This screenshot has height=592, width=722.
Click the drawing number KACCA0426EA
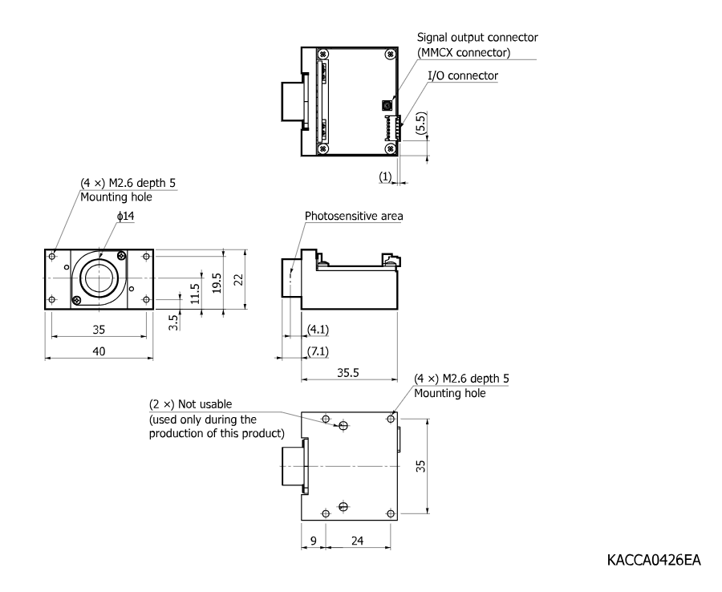[654, 560]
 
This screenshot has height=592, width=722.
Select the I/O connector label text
[463, 75]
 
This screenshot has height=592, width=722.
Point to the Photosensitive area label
[354, 216]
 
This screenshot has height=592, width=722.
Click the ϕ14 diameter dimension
[125, 216]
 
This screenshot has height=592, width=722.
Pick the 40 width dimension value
[99, 351]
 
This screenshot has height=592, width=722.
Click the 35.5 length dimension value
[347, 372]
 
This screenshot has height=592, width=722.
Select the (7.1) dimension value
[318, 351]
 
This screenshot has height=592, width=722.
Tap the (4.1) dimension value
[318, 330]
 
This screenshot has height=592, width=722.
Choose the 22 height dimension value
[238, 279]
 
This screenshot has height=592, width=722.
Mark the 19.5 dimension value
[217, 282]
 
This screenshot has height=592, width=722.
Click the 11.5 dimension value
[195, 294]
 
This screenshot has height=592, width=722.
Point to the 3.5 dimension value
[173, 322]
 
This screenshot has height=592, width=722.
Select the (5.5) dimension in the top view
[421, 123]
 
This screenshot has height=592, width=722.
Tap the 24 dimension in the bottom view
[357, 541]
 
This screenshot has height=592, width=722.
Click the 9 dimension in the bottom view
[314, 541]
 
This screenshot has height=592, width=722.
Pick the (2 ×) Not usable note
[191, 404]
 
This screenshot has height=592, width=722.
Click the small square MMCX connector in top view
[387, 105]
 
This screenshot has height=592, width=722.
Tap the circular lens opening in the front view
[99, 278]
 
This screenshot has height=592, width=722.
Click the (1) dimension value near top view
[385, 176]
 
